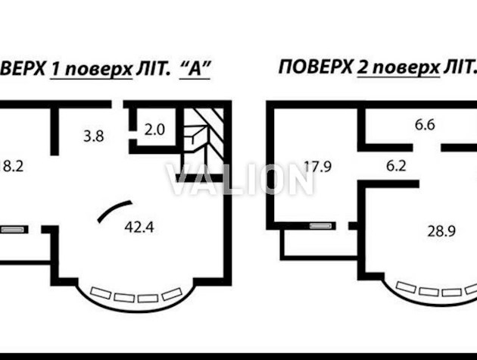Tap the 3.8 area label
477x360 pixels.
pos(93,136)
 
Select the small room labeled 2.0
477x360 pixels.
pos(154,129)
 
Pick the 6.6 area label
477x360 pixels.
pos(423,126)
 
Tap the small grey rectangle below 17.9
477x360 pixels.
pos(321,224)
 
